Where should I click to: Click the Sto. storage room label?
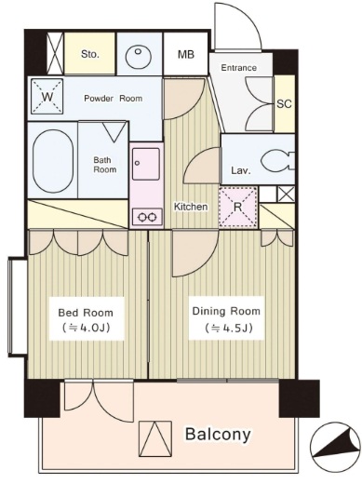90,55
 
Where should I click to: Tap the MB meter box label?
186,55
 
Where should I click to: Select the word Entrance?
238,68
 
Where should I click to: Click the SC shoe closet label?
284,103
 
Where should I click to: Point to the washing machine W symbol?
47,97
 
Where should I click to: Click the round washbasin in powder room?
139,57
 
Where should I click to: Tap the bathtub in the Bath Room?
53,161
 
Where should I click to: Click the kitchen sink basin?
146,164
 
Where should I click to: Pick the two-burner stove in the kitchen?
147,217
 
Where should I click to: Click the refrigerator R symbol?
238,207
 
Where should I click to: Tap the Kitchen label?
191,207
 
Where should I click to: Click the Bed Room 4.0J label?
86,319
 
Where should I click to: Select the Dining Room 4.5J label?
226,318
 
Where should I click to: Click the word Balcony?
218,434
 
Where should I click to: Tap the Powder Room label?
114,99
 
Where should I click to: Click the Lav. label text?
240,170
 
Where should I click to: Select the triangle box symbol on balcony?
155,438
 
